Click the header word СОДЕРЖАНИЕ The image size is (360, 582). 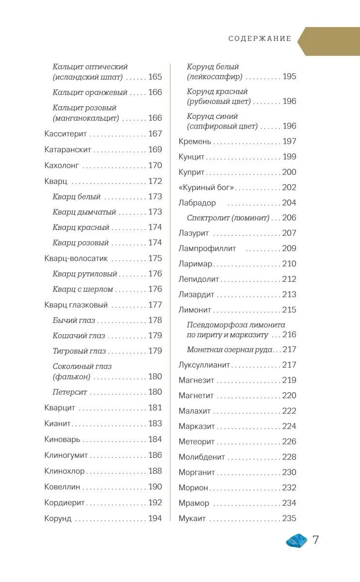[x=260, y=39]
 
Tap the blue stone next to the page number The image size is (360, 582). [x=297, y=540]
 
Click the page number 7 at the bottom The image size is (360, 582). [x=315, y=539]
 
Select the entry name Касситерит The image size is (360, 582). [x=65, y=133]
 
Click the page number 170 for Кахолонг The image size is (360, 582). [x=155, y=165]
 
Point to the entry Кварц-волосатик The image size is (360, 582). [x=76, y=259]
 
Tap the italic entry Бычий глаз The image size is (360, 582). [x=74, y=320]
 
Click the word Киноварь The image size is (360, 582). [x=62, y=439]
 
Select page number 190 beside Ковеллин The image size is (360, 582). [x=155, y=486]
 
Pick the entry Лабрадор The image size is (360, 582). [x=197, y=203]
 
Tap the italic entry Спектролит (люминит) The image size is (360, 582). [x=228, y=218]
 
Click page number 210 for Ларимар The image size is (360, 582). [x=289, y=264]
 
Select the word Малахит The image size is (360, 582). [x=195, y=411]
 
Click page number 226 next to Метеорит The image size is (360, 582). [x=289, y=441]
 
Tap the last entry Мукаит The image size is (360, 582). [x=192, y=518]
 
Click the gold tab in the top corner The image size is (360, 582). [x=330, y=41]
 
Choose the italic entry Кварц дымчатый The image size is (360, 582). [x=84, y=212]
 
